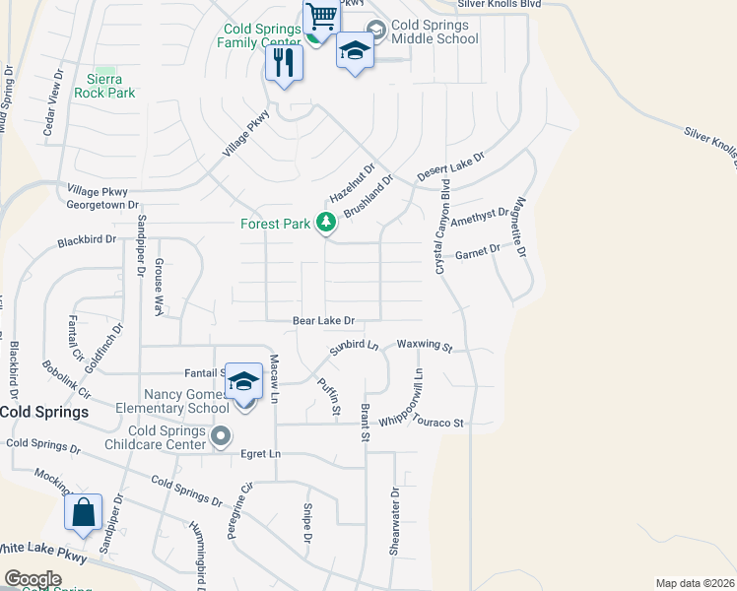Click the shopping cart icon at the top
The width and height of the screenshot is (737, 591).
(320, 17)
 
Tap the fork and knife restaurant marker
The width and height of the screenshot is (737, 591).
(284, 64)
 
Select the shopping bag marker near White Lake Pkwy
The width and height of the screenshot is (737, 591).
(84, 513)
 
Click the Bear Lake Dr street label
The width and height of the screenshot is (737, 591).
(323, 320)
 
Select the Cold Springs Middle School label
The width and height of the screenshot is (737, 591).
(435, 33)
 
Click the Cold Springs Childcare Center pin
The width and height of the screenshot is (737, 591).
(221, 434)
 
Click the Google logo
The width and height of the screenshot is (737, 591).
(33, 579)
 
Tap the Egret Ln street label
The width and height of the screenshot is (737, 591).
(261, 453)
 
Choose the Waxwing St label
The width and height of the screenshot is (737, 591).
(424, 347)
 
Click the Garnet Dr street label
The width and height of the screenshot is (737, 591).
(478, 250)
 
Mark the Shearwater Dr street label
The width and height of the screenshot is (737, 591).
(394, 521)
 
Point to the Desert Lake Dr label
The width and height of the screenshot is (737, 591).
(451, 165)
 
